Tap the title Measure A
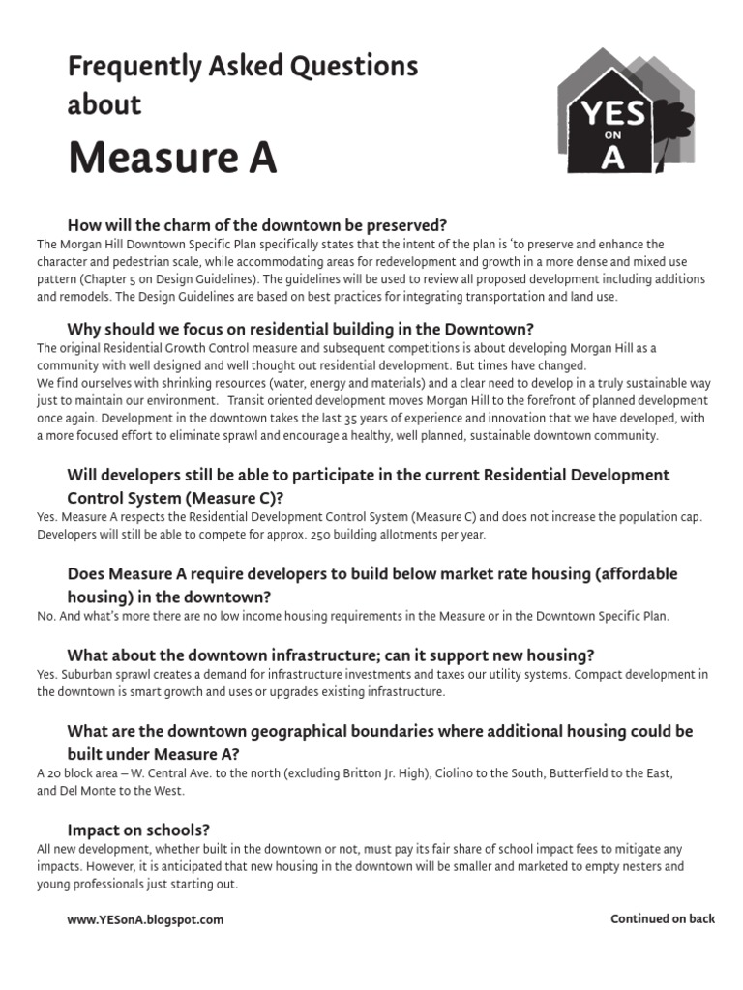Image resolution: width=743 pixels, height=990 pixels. pyautogui.click(x=172, y=158)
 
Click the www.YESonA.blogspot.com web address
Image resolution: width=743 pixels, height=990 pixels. pyautogui.click(x=145, y=920)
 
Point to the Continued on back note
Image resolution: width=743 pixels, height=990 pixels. pyautogui.click(x=662, y=919)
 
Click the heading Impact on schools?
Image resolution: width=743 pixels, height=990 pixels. pyautogui.click(x=138, y=830)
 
